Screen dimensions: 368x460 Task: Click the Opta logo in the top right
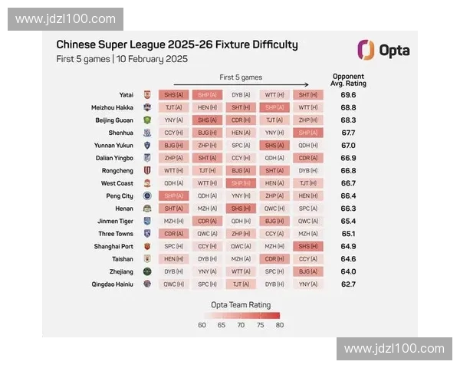click(x=383, y=51)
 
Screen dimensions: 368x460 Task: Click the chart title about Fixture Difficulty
click(x=177, y=45)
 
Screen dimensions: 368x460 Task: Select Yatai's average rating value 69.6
click(x=348, y=95)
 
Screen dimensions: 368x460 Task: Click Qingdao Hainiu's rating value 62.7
click(x=348, y=284)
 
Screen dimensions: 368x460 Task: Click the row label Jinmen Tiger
click(x=114, y=221)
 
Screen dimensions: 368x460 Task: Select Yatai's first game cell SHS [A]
click(x=173, y=95)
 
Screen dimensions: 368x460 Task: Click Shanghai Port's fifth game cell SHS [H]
click(x=308, y=246)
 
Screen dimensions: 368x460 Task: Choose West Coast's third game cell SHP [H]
click(x=241, y=183)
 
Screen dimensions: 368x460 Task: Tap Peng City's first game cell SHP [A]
click(x=173, y=195)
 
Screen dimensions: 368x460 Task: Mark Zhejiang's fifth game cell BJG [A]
click(x=308, y=271)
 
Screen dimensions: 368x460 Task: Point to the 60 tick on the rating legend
click(x=202, y=325)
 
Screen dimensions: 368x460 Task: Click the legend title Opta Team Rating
click(x=241, y=304)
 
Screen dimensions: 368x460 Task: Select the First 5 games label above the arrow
click(x=241, y=77)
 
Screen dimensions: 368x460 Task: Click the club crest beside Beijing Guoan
click(x=147, y=120)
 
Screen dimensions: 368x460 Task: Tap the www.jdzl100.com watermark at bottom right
click(x=394, y=349)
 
